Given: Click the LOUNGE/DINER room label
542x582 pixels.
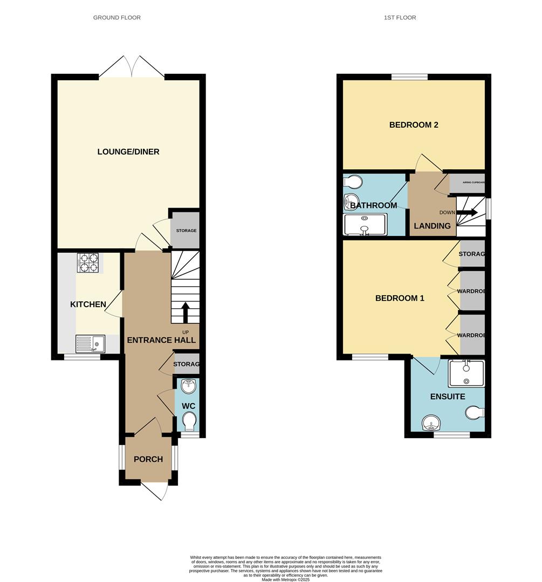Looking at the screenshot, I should [x=128, y=151].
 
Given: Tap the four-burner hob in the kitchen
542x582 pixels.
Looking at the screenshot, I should [x=87, y=262].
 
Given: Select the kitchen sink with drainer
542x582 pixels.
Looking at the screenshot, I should [x=90, y=343].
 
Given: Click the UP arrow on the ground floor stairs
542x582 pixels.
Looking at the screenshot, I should [x=185, y=312].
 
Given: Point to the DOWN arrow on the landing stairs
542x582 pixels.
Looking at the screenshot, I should [x=467, y=212].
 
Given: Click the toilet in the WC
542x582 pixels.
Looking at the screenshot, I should [x=189, y=420].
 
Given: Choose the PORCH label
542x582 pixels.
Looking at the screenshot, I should [x=148, y=459].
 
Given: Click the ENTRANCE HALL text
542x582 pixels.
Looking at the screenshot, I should [x=161, y=340].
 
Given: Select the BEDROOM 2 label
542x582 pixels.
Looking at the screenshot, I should [x=414, y=125].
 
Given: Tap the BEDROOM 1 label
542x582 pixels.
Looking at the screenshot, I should [x=400, y=298].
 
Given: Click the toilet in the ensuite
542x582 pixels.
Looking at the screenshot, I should [x=474, y=413].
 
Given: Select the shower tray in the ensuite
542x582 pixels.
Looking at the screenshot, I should [x=466, y=373].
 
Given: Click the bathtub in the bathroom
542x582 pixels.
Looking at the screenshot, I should [x=365, y=224].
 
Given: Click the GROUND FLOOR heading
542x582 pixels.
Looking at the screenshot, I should [x=117, y=18].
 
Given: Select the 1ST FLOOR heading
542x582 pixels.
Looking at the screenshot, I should [x=400, y=18].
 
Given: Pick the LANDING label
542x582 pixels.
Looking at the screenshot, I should [x=432, y=226].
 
